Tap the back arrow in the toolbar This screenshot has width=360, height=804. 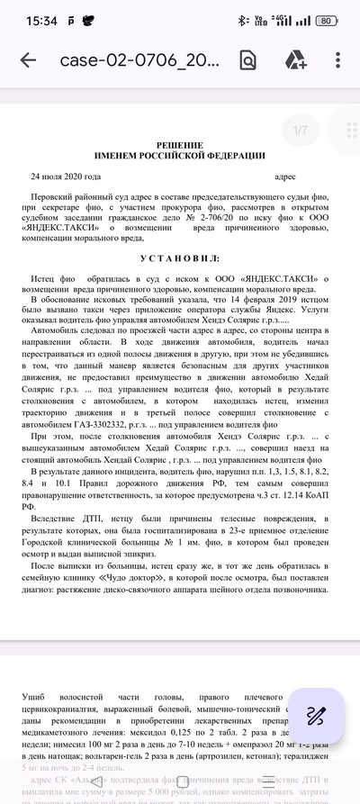coord(28,60)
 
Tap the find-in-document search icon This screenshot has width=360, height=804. coord(247,60)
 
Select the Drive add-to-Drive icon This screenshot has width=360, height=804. coord(296,60)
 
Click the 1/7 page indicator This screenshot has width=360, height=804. coord(301,131)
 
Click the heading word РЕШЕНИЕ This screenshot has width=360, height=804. coord(180,144)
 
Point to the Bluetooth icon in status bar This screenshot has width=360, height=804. coord(241,20)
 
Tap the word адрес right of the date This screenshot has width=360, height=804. coord(284,177)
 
